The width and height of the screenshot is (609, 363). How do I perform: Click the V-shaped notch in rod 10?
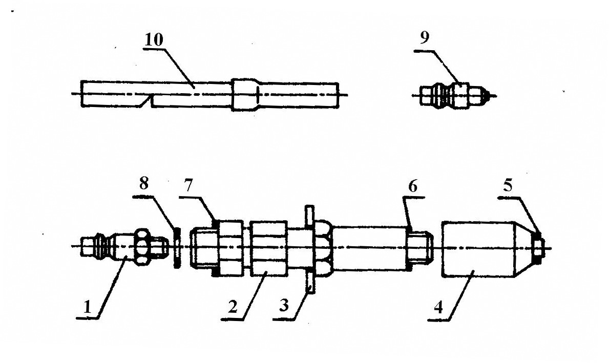tap(149, 101)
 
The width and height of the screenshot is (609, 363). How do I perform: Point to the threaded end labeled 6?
tap(420, 248)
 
